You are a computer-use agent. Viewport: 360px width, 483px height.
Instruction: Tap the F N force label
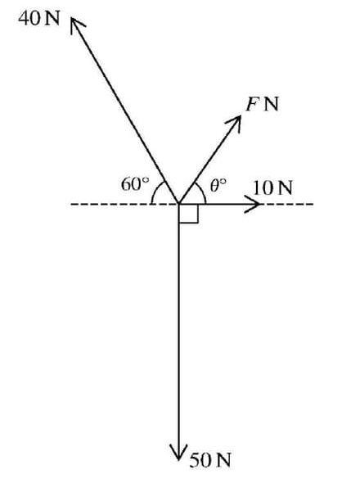pos(262,104)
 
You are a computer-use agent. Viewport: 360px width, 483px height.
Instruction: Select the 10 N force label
pos(272,186)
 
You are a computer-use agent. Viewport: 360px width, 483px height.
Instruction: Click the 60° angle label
pos(133,183)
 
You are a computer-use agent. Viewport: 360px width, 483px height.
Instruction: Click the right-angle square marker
pos(187,213)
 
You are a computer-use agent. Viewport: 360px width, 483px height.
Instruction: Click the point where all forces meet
pos(178,204)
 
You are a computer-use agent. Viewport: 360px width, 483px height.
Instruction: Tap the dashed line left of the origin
pos(115,204)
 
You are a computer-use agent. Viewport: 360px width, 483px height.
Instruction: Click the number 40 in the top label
pos(27,19)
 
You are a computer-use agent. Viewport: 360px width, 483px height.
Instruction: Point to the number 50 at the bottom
pos(200,459)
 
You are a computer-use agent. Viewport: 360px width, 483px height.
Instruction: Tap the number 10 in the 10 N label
pos(263,186)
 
